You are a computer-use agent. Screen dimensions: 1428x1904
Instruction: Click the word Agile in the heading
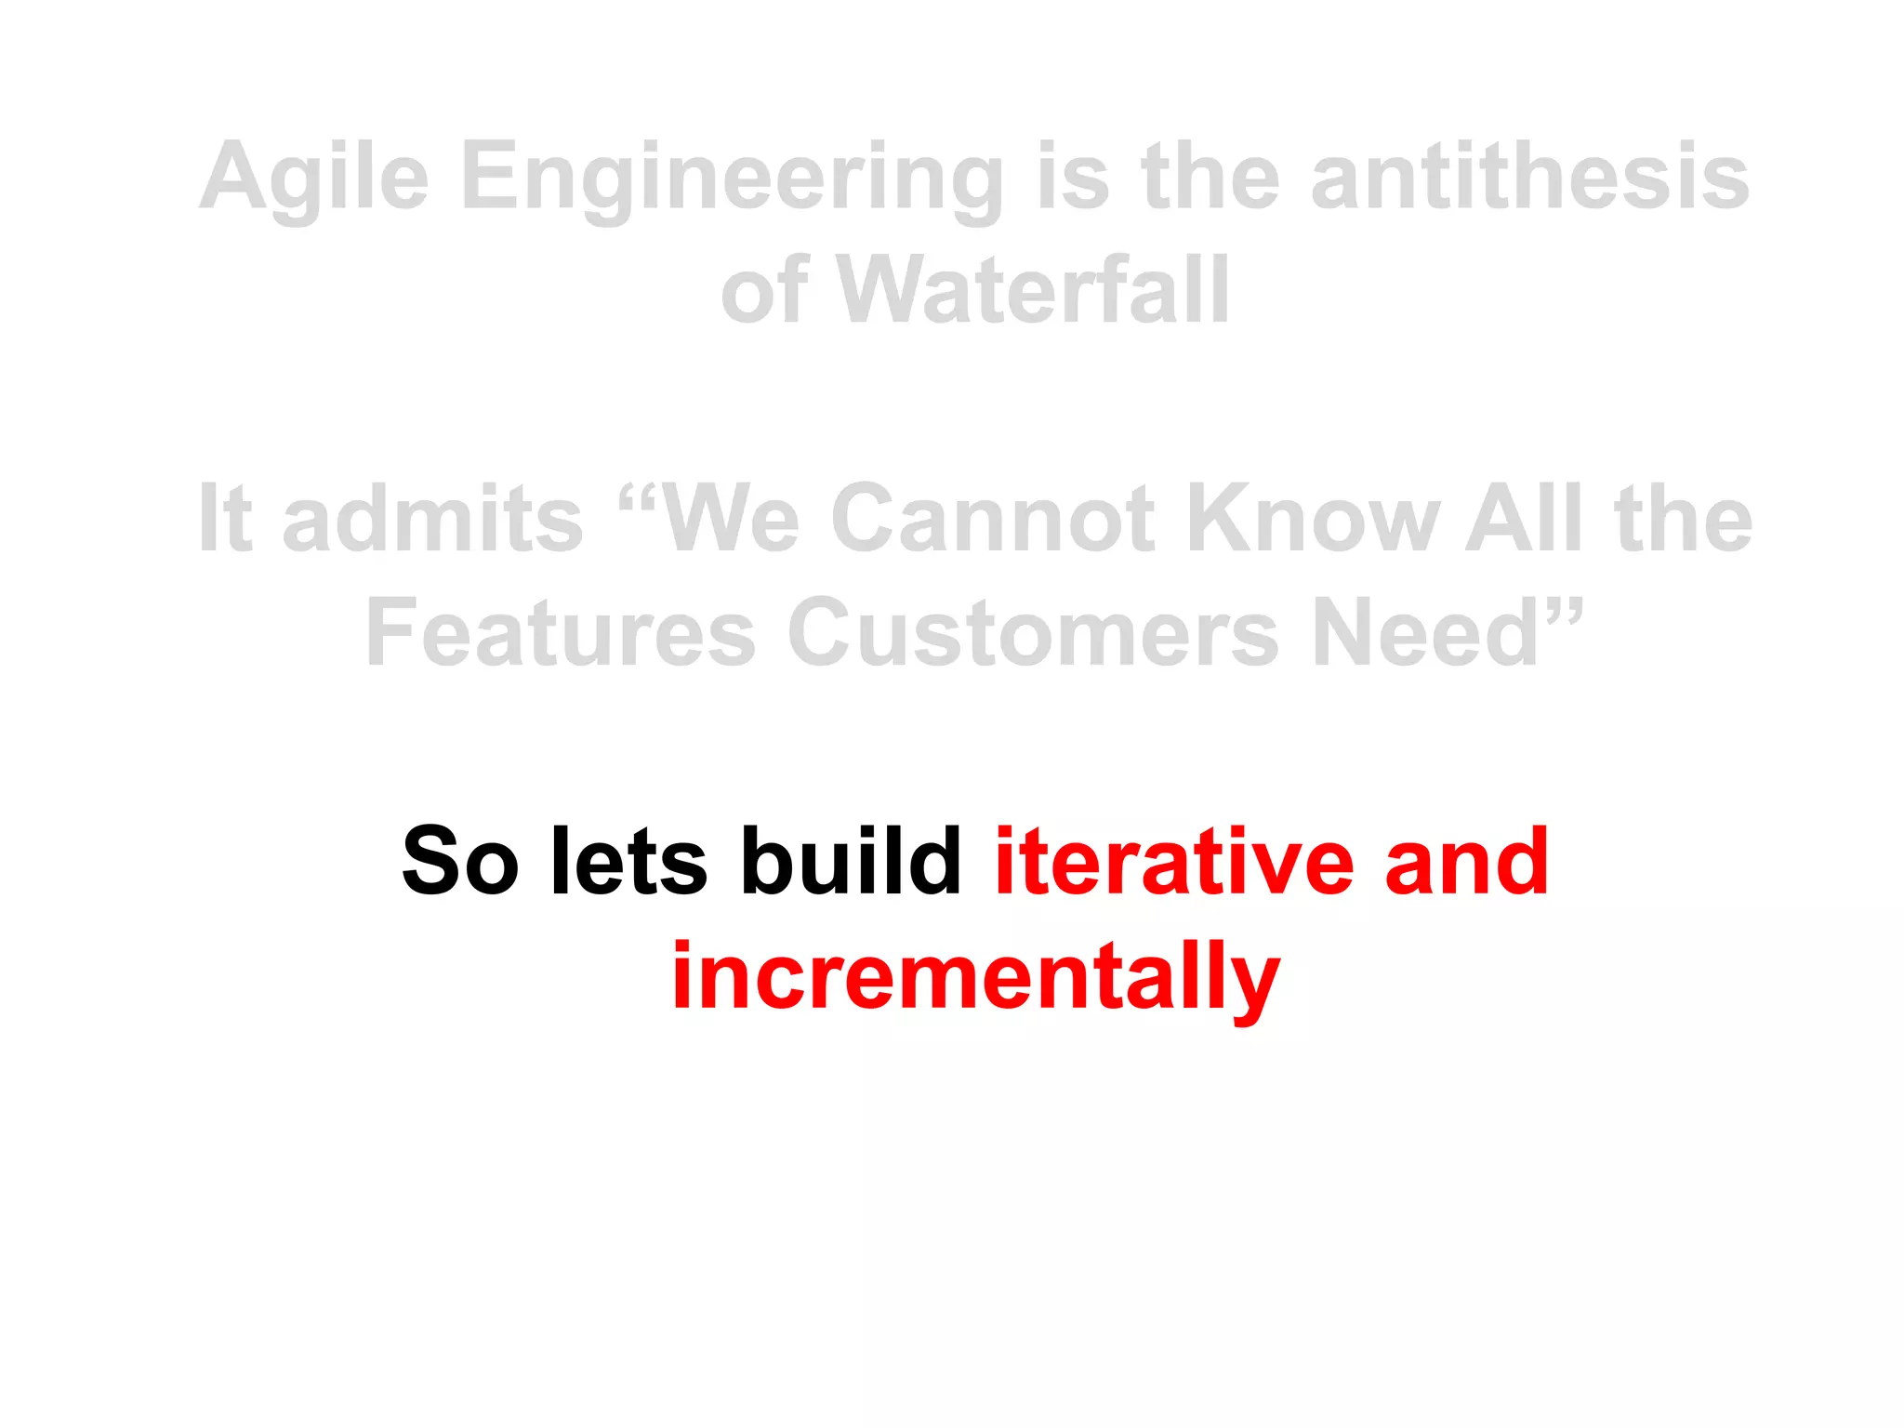coord(314,178)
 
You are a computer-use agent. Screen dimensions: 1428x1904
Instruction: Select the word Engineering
coord(732,178)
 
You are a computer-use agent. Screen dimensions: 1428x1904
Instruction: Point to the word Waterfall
coord(1033,291)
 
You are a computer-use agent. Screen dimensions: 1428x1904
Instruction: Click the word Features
coord(561,633)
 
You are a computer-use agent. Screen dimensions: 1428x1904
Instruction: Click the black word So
coord(459,862)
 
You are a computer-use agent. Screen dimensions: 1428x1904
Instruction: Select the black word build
coord(851,862)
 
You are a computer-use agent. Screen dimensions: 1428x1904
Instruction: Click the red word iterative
coord(1173,862)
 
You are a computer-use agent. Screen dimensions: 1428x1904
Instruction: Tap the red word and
coord(1466,864)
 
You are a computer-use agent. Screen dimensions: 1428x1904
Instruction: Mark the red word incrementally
coord(975,976)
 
